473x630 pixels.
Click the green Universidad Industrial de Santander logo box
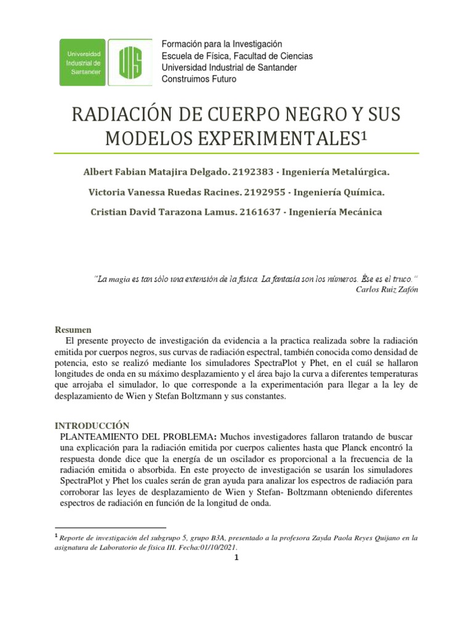(83, 62)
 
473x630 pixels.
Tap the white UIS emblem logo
(131, 62)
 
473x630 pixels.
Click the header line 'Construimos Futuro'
(198, 79)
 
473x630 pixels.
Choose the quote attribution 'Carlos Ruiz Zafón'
(387, 289)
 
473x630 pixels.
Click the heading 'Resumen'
(73, 330)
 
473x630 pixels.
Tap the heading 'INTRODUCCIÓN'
(92, 426)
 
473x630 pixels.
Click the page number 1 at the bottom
(236, 559)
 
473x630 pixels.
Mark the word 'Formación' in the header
(181, 44)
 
